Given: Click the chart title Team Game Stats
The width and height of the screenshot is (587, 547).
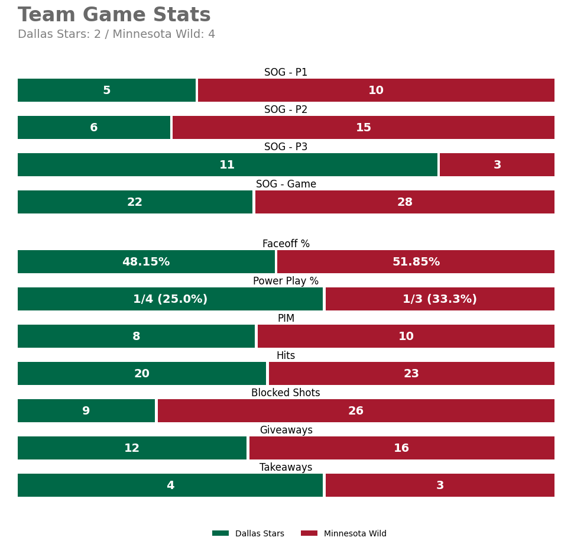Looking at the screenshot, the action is click(x=114, y=15).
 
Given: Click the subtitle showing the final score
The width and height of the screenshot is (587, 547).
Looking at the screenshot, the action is click(x=116, y=34).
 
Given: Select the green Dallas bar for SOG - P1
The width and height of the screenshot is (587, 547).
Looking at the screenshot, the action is click(x=106, y=90).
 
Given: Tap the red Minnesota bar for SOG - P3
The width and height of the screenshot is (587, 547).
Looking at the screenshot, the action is click(x=497, y=164).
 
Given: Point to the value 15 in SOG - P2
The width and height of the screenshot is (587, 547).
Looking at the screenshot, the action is click(x=364, y=127).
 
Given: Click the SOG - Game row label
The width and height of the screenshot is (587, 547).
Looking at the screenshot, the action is click(x=286, y=184).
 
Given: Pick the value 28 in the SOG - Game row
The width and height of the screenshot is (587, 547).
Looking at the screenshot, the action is click(x=405, y=202).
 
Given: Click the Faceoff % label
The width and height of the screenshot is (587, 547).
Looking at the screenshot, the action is click(x=286, y=244).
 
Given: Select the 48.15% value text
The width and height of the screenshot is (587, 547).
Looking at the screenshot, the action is click(x=146, y=261).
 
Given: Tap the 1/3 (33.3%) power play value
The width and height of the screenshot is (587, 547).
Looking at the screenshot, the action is click(x=440, y=299).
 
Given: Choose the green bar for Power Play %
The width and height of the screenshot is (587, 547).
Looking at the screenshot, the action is click(x=170, y=299).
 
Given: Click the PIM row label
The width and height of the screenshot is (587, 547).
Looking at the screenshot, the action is click(x=286, y=318).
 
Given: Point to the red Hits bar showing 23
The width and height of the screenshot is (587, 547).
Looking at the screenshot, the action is click(x=411, y=373).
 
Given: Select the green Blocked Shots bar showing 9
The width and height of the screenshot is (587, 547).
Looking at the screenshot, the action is click(x=86, y=410).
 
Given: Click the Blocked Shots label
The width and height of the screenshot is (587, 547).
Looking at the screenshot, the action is click(x=286, y=393).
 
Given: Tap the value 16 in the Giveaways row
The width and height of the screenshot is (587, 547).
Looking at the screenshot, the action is click(x=401, y=448).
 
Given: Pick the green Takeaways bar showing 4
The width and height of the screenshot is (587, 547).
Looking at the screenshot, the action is click(x=170, y=485).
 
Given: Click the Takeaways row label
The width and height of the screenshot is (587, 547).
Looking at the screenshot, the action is click(x=286, y=467).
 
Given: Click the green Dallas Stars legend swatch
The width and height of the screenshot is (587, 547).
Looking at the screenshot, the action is click(x=220, y=533).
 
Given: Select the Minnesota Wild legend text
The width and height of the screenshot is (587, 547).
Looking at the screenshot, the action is click(x=355, y=533).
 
